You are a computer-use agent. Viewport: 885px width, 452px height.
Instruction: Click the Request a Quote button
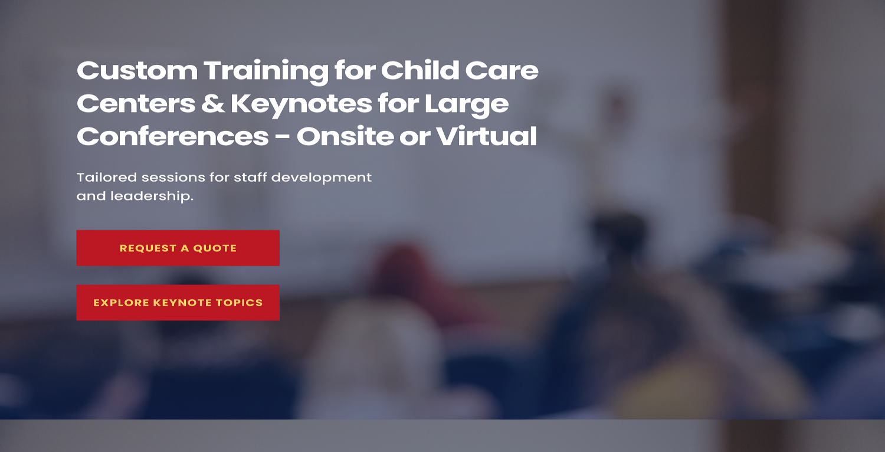178,248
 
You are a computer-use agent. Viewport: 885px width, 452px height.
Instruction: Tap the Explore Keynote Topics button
178,303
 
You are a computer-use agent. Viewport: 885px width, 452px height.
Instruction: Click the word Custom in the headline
137,71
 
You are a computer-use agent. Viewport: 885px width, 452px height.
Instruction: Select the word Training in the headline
265,71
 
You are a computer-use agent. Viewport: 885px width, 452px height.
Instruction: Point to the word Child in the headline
420,71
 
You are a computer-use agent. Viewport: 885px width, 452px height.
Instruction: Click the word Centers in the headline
136,104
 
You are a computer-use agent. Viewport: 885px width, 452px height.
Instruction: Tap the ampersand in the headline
212,104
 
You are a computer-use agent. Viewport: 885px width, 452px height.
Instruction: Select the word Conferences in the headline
172,137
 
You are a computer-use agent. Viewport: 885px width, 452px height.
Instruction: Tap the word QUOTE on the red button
215,248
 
